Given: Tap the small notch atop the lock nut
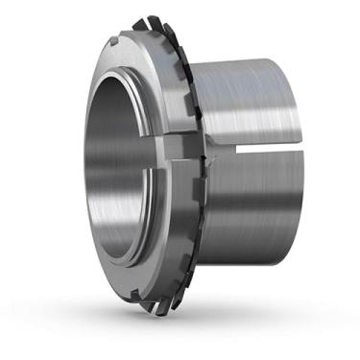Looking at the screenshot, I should [117, 40].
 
